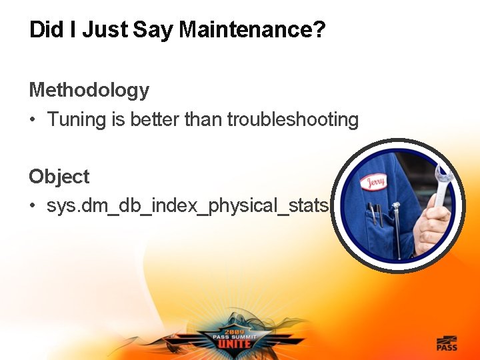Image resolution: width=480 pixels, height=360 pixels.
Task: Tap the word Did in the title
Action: tap(43, 30)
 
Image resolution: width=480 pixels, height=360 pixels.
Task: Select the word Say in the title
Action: tap(153, 30)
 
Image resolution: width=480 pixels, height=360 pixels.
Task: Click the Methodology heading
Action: tap(89, 90)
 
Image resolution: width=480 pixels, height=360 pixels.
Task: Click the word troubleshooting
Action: tap(293, 120)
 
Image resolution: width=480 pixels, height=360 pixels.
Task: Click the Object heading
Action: tap(59, 177)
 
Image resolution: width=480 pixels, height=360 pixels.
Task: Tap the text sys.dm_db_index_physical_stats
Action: tap(187, 206)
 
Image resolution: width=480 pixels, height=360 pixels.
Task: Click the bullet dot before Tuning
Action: tap(32, 121)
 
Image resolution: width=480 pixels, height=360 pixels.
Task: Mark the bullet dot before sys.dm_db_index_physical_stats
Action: tap(32, 207)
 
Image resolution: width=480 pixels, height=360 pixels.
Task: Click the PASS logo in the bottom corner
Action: tap(447, 343)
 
